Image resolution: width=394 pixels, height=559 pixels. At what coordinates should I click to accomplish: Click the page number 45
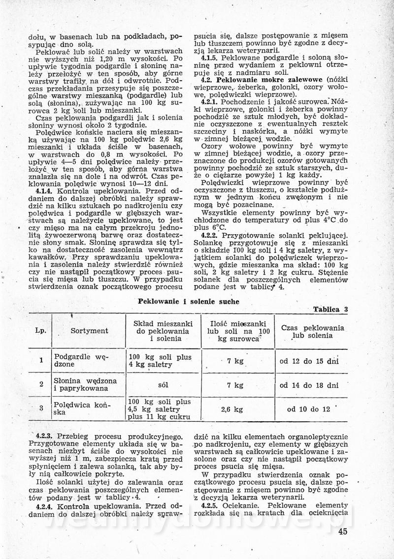343,530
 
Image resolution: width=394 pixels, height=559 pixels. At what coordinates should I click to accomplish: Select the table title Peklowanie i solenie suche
189,301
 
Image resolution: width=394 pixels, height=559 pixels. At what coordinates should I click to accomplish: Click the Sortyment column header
89,331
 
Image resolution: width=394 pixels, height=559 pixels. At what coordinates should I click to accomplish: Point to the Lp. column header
41,331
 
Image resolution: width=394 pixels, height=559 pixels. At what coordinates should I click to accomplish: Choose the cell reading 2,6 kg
232,409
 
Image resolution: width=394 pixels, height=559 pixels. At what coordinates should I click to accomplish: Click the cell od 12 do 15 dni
309,361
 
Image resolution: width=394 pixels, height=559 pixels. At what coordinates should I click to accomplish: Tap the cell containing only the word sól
164,385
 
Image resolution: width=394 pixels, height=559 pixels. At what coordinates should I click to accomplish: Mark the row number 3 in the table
41,408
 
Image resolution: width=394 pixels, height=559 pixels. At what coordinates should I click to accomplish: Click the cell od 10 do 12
309,409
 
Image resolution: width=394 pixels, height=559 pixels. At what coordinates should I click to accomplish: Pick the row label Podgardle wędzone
81,361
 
